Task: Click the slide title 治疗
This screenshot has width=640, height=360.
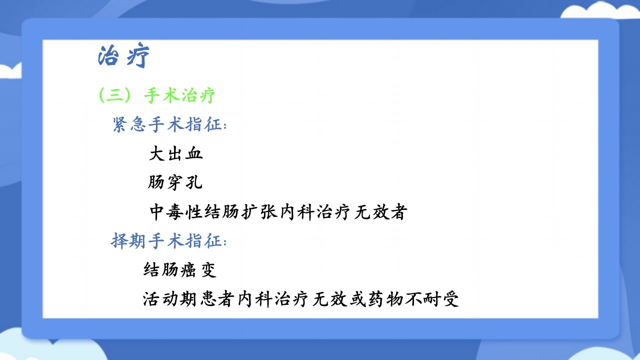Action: (x=123, y=56)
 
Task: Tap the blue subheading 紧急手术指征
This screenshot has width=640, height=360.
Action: (x=169, y=124)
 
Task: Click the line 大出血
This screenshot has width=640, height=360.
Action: (x=176, y=153)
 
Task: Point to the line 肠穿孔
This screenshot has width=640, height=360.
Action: (x=175, y=182)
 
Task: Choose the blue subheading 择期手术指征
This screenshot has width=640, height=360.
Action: (x=168, y=241)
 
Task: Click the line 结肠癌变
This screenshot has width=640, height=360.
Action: (x=179, y=270)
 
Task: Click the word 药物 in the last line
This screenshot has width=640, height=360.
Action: (x=385, y=299)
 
